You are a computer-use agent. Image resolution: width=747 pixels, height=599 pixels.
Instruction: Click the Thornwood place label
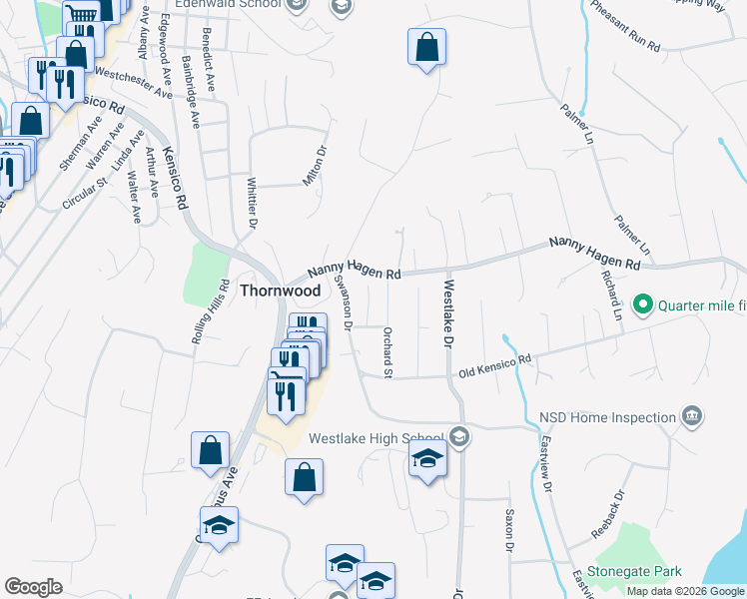[x=281, y=291]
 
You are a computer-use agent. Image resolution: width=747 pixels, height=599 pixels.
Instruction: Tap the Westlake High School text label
[x=375, y=438]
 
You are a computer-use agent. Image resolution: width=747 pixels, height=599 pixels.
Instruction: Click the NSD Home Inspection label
[x=607, y=415]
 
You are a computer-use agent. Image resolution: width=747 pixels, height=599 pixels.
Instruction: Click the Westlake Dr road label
[x=445, y=313]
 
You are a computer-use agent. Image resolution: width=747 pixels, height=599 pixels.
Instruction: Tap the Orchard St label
[x=387, y=345]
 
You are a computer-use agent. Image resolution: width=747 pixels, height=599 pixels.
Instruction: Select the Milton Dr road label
[x=321, y=166]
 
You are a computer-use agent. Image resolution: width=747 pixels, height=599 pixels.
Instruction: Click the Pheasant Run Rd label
[x=625, y=27]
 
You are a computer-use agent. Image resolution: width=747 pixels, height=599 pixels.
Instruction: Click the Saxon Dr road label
[x=508, y=532]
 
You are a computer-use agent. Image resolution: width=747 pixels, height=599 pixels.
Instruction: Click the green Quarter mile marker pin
[x=643, y=304]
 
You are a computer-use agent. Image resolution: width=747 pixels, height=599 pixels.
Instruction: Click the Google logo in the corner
[x=33, y=587]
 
